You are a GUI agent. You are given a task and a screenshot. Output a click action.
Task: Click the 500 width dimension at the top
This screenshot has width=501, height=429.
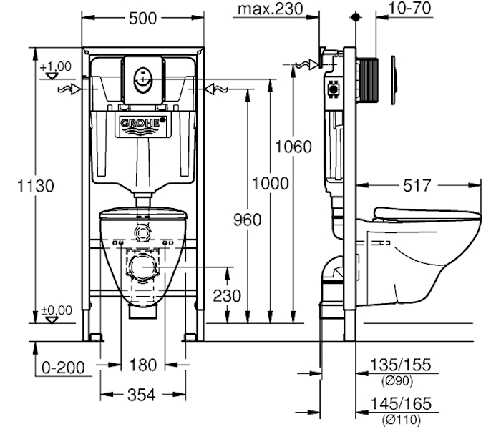[142, 18]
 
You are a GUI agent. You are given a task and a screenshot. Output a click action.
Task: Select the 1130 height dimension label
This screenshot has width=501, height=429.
[36, 186]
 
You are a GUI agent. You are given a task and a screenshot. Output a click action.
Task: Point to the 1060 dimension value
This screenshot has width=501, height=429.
[293, 147]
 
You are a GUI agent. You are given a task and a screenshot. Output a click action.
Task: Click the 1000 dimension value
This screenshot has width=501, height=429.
[271, 184]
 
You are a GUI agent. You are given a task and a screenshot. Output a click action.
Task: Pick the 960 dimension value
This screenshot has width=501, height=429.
[248, 220]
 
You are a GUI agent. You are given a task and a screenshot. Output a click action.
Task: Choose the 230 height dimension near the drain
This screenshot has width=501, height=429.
[227, 296]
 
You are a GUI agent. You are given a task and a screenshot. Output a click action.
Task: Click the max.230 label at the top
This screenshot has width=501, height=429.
[271, 9]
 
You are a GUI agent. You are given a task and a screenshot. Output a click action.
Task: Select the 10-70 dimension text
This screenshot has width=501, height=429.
[409, 8]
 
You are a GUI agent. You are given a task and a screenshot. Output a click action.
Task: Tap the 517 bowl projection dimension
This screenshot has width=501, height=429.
[417, 186]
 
